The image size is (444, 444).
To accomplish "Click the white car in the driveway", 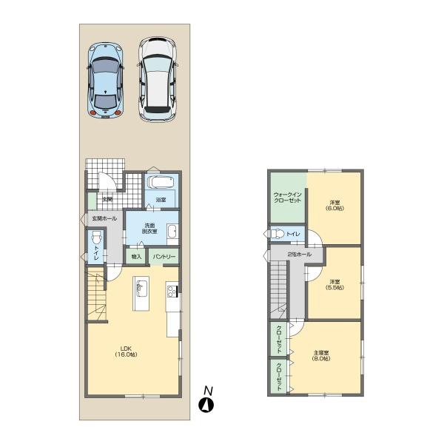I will [158, 78].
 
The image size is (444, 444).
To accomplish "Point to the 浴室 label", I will [161, 201].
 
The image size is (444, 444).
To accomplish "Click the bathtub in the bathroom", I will [161, 183].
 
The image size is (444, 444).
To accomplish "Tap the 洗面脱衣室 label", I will [149, 229].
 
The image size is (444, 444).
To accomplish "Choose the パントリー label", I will [164, 257].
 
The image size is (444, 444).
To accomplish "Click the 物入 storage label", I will [136, 257].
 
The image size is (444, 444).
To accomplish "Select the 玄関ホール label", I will [104, 219].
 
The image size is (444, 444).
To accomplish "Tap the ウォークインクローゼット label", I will [287, 198].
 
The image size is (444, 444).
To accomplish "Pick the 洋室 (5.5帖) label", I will [335, 284].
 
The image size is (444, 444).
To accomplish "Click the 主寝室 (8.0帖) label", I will [321, 355].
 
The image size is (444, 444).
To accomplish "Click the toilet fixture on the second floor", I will [277, 235].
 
